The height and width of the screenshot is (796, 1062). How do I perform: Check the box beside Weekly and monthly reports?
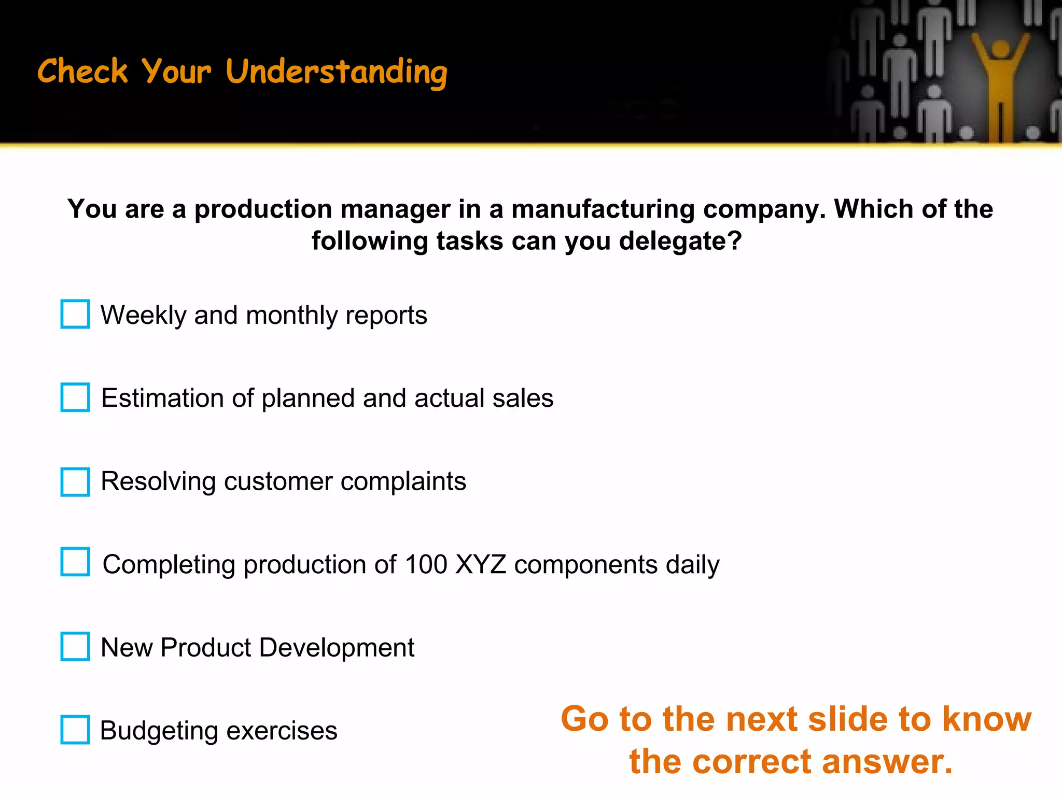75,314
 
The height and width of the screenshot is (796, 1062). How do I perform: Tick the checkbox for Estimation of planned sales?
75,397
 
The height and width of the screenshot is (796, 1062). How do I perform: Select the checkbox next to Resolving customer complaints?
75,481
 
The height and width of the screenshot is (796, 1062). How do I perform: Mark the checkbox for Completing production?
75,562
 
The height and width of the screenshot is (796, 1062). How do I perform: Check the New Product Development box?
75,646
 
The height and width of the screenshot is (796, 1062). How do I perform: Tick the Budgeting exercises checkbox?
75,730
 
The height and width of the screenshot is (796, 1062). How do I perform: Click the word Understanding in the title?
337,72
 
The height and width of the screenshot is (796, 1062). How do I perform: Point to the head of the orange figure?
1000,49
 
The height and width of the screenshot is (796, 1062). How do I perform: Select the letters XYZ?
480,564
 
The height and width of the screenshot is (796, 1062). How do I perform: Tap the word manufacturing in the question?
603,209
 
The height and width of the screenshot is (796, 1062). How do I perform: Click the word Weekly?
143,315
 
